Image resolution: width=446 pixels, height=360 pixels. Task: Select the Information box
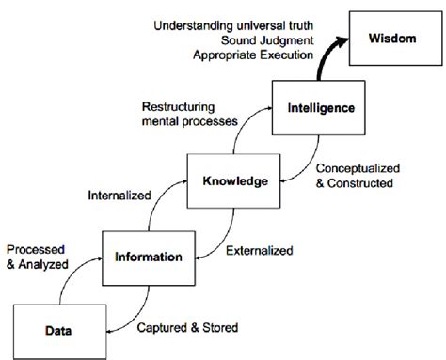tap(141, 256)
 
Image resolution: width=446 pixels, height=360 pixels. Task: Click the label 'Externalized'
tap(259, 251)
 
